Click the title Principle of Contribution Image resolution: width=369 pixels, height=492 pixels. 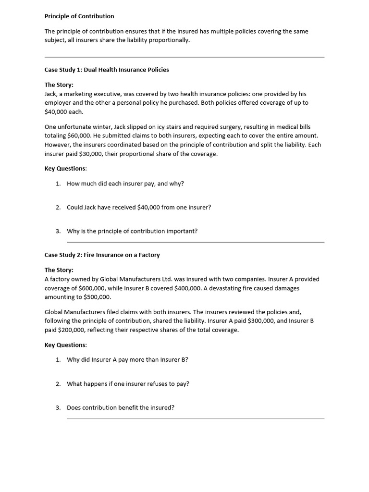79,16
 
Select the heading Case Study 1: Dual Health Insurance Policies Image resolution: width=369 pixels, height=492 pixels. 107,70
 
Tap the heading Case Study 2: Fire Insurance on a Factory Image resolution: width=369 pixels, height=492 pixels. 102,255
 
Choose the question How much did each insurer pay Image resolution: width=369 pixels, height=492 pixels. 125,184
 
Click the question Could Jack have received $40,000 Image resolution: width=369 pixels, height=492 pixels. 139,207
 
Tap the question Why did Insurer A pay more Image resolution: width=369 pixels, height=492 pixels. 127,359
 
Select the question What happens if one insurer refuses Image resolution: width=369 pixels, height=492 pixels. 128,383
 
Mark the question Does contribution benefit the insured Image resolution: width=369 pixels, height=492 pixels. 121,407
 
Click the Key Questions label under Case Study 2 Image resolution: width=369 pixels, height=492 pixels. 66,345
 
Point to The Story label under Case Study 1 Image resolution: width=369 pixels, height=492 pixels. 59,85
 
